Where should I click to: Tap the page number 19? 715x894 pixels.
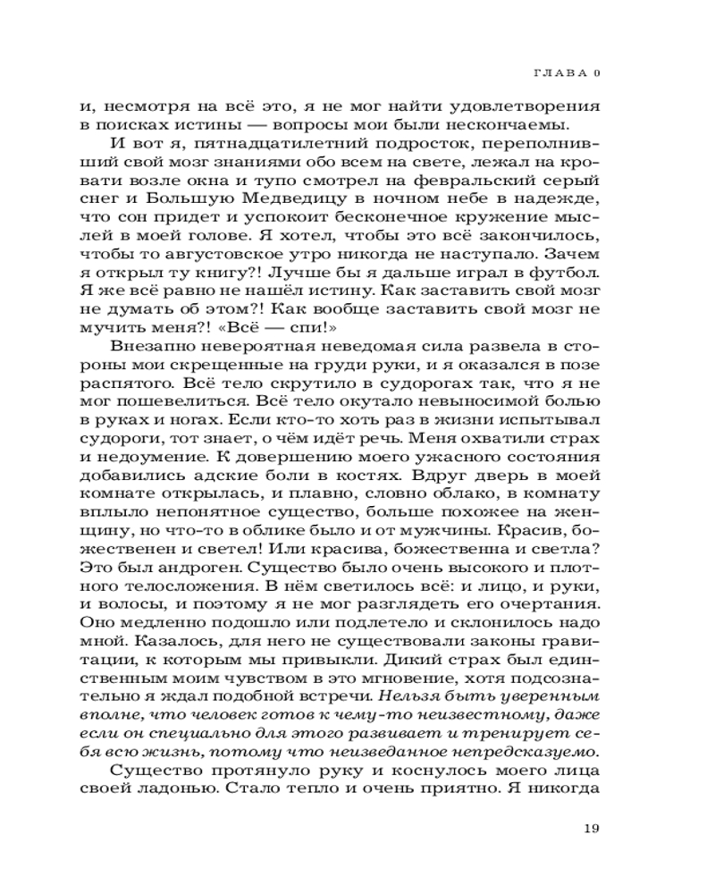[590, 828]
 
